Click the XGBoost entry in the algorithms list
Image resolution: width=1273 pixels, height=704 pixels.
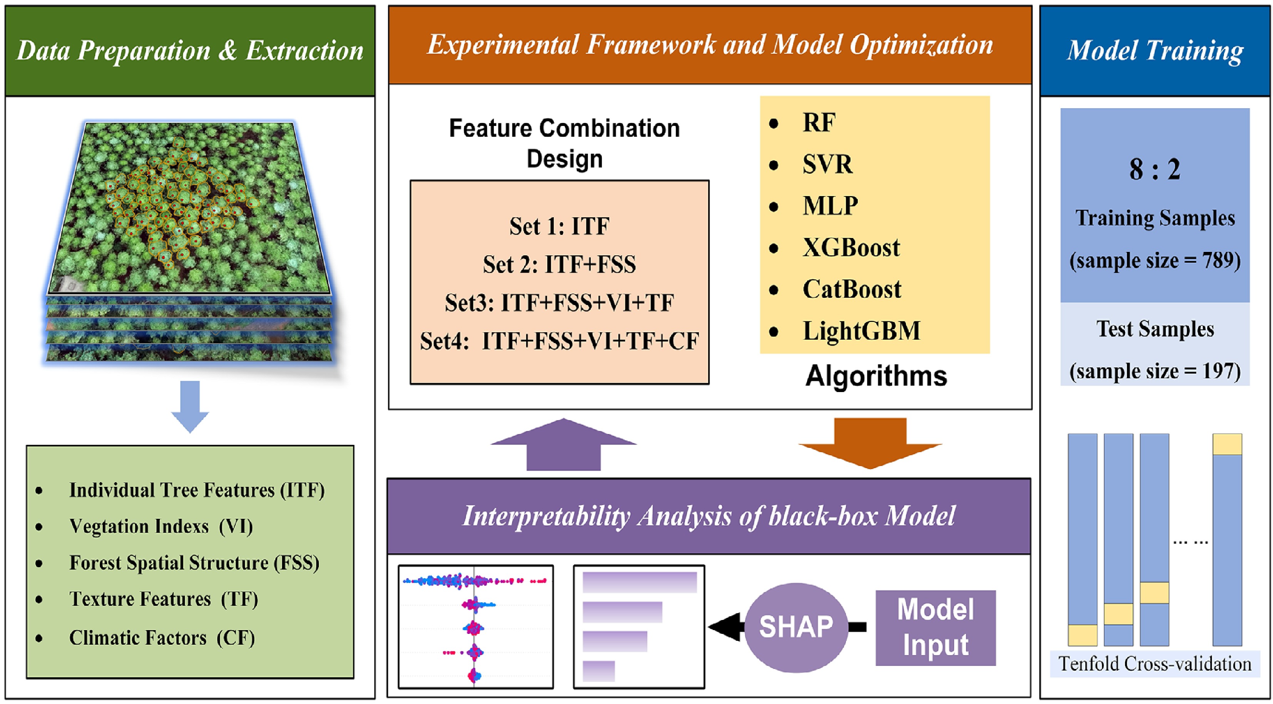tap(851, 248)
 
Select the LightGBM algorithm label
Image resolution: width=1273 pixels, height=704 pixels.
tap(861, 331)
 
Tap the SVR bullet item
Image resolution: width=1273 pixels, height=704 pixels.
tap(828, 164)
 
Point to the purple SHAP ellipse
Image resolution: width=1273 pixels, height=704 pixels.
tap(796, 627)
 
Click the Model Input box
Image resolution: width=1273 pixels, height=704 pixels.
tap(935, 627)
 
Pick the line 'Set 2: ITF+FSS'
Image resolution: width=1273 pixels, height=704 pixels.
tap(559, 265)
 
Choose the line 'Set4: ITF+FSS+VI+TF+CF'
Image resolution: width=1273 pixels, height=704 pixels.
tap(559, 341)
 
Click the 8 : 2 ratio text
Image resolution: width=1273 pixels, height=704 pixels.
tap(1154, 169)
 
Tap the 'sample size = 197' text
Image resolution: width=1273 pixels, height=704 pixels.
tap(1155, 371)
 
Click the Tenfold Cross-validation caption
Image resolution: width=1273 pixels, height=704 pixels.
tap(1155, 664)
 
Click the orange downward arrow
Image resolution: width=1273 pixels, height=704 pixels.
tap(870, 443)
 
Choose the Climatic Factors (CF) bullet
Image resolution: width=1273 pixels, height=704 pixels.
tap(162, 638)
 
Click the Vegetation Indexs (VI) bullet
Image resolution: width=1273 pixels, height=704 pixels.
tap(161, 526)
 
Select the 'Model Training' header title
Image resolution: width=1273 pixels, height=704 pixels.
tap(1155, 50)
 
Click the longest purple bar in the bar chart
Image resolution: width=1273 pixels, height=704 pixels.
tap(639, 582)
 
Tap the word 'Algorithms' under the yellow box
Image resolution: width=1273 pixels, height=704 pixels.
tap(876, 376)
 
